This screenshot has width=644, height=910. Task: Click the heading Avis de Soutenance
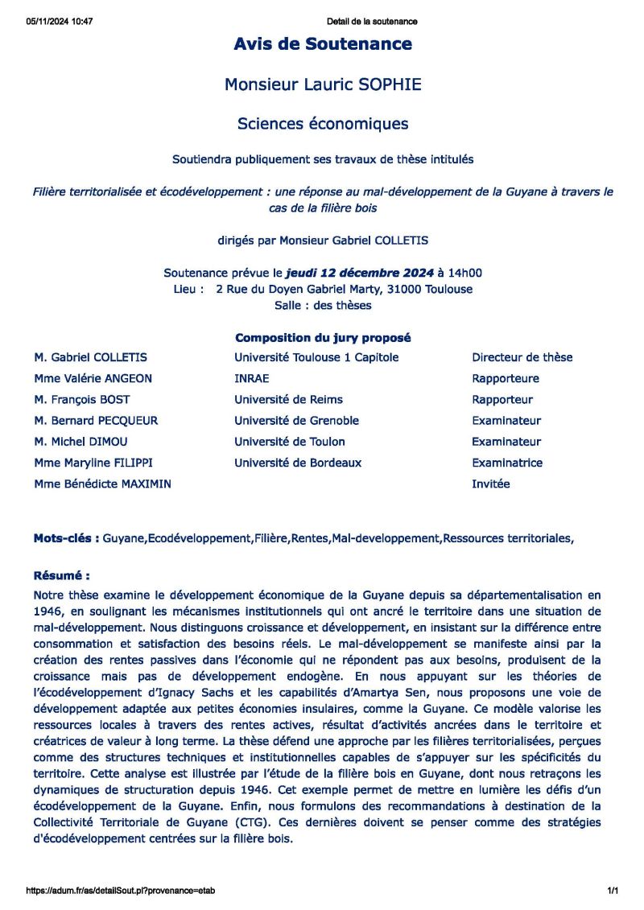pyautogui.click(x=323, y=44)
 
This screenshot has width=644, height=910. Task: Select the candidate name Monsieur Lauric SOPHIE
pyautogui.click(x=323, y=84)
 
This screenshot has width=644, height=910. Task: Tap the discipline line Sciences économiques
pyautogui.click(x=323, y=124)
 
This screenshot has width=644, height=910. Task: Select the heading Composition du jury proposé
pyautogui.click(x=323, y=338)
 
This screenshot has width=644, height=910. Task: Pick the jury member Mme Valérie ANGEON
pyautogui.click(x=93, y=378)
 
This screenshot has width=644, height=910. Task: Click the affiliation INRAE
pyautogui.click(x=252, y=378)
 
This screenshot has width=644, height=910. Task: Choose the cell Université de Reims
pyautogui.click(x=288, y=399)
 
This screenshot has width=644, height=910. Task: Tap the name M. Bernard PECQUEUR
pyautogui.click(x=96, y=420)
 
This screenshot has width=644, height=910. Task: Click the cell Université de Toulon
pyautogui.click(x=290, y=441)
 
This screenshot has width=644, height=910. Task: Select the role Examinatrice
pyautogui.click(x=507, y=463)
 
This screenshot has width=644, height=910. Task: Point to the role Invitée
pyautogui.click(x=491, y=484)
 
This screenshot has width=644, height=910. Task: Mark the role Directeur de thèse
pyautogui.click(x=522, y=357)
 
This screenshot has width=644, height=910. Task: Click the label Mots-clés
pyautogui.click(x=66, y=537)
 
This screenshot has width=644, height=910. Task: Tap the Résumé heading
pyautogui.click(x=61, y=576)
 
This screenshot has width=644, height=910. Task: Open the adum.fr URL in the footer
pyautogui.click(x=121, y=891)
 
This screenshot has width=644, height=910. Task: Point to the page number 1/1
pyautogui.click(x=613, y=891)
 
